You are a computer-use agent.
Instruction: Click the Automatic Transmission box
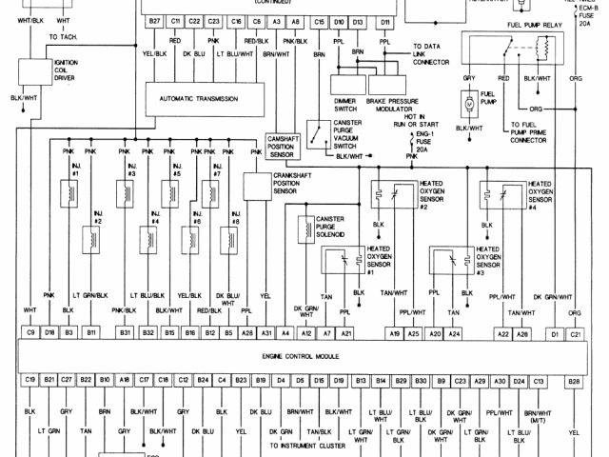(199, 98)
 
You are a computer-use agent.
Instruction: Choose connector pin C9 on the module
(31, 332)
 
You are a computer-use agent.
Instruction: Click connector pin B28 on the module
(574, 381)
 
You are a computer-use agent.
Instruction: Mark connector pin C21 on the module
(575, 332)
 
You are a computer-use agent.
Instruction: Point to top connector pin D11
(384, 20)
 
